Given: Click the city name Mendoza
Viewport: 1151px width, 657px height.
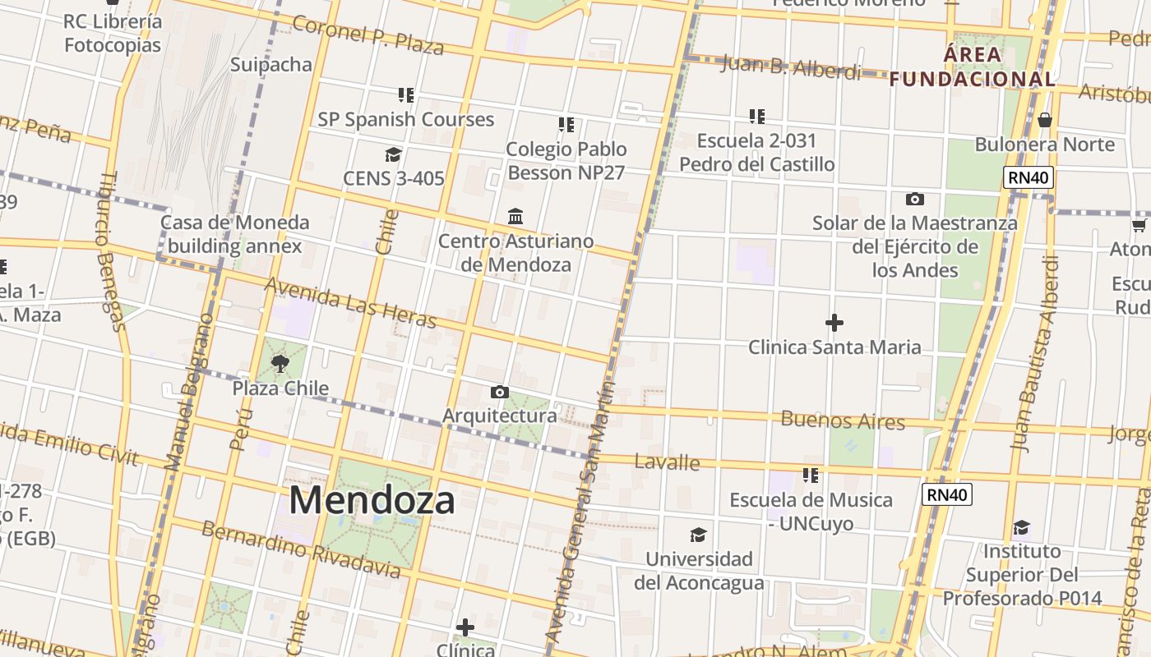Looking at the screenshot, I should [372, 500].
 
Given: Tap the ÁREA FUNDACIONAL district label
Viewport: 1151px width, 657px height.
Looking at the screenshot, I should [973, 67].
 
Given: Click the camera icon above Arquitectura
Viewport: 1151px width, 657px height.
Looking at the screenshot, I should [499, 393].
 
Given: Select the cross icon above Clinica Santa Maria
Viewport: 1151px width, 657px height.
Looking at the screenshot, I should [834, 323].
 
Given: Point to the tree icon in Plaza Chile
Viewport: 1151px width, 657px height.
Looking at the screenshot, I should [280, 363].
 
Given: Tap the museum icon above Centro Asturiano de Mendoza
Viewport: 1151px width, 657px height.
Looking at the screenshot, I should [515, 216].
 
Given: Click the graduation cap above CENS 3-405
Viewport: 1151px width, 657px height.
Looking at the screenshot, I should [393, 154].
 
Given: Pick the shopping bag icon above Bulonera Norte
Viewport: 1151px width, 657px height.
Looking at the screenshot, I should [1045, 120].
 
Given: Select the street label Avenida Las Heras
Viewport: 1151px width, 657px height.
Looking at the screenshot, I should [350, 301].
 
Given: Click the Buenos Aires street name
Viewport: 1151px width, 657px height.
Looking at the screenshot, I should [843, 420].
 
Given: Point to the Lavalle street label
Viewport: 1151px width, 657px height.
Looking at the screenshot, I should [668, 462].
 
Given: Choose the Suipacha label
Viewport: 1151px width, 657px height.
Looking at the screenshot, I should [271, 64].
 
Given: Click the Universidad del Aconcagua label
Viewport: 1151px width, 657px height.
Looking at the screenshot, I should [699, 571].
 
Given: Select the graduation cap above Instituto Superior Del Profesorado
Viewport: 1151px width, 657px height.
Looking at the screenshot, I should [1021, 526].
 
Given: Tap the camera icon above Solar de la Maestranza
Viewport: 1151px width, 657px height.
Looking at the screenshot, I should [914, 199].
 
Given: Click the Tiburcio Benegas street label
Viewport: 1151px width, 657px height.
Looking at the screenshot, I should [113, 250].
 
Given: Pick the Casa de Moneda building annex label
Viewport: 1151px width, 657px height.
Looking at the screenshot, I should [235, 234].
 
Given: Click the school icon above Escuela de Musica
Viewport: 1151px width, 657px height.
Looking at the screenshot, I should [811, 475].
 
